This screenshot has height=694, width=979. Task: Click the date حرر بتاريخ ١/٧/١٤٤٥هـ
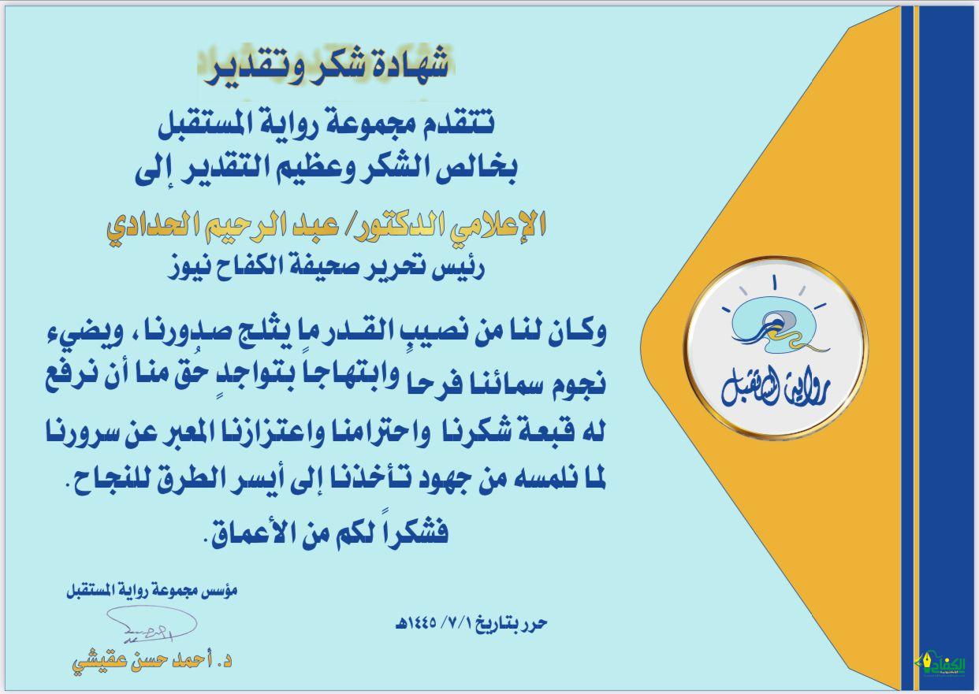pos(471,623)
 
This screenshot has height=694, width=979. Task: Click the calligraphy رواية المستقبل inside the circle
pos(776,386)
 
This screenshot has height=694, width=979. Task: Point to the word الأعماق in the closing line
pos(245,534)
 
